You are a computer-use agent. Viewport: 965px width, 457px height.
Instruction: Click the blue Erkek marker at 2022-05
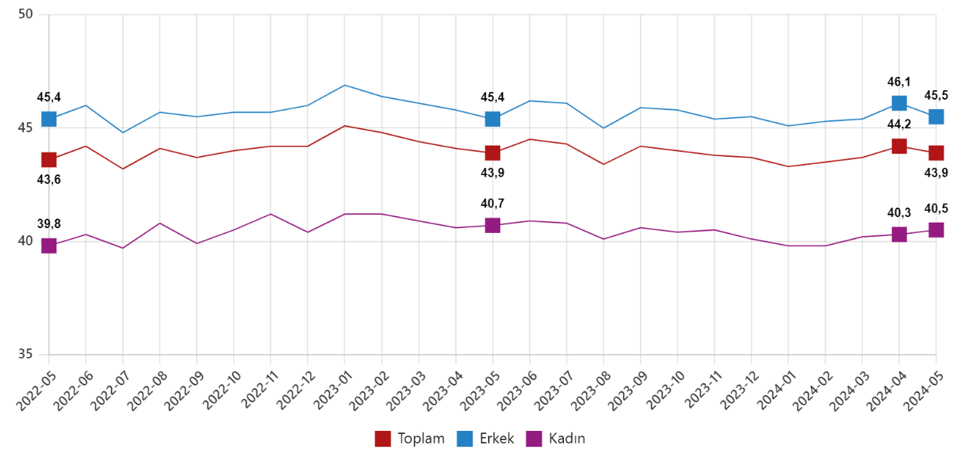point(48,119)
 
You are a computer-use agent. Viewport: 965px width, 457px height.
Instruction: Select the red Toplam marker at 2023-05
point(492,153)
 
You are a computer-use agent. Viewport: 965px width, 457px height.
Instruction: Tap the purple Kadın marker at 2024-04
point(899,234)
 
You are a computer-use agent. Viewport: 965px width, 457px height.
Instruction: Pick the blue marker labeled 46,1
point(899,103)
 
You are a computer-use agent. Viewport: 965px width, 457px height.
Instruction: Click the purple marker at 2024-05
point(936,230)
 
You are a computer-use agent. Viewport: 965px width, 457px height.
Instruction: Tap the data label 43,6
point(48,180)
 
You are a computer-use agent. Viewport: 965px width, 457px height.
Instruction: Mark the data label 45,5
point(936,96)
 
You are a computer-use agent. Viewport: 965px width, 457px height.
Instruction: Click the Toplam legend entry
point(409,439)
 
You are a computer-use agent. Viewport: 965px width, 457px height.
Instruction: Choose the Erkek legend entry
point(486,439)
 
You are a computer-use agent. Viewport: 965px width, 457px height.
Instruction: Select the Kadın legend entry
point(558,439)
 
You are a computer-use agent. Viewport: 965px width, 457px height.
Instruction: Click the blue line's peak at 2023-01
point(344,85)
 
